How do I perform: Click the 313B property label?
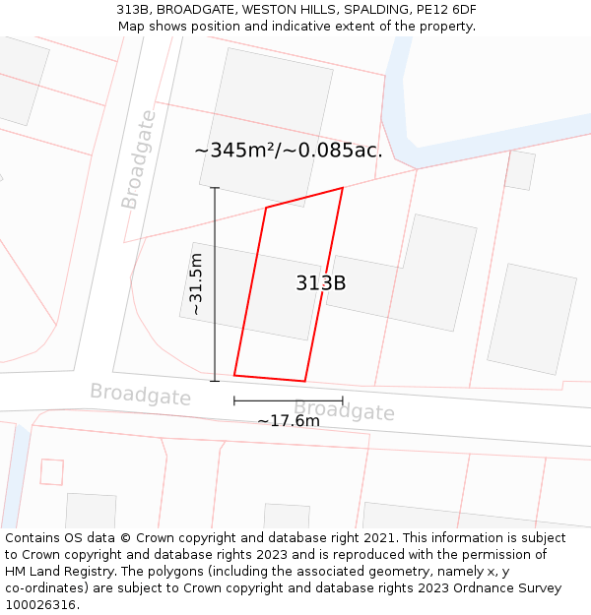point(321,283)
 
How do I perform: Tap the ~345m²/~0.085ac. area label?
point(288,151)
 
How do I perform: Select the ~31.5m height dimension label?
point(196,283)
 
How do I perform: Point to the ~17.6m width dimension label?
point(289,421)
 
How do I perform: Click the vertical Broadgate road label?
point(138,159)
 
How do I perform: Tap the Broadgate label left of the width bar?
point(140,395)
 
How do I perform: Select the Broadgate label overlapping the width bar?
point(345,410)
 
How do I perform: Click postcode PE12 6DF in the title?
point(446,10)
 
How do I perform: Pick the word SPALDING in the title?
point(372,10)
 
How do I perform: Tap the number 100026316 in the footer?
point(40,605)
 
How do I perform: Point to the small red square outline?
point(51,471)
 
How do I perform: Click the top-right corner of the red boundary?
point(343,187)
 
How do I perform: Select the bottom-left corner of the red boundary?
point(234,375)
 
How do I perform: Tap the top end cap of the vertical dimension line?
point(215,188)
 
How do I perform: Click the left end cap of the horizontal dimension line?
point(234,400)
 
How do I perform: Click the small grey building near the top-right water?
point(519,170)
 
